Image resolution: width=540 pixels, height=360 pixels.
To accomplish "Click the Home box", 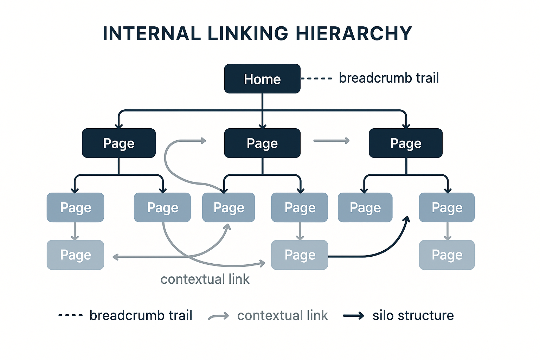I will click(262, 79).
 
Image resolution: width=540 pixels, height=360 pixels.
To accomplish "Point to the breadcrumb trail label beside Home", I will click(389, 78).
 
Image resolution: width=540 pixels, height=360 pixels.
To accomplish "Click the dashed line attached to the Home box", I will click(316, 78).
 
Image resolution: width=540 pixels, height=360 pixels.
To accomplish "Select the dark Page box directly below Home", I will click(262, 143).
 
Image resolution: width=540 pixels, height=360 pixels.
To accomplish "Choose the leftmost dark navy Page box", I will click(119, 143).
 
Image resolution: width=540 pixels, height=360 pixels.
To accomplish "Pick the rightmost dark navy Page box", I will click(406, 143).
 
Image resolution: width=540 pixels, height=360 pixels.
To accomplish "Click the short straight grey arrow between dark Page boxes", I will click(331, 141).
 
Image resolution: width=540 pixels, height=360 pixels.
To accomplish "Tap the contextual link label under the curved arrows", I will click(205, 279).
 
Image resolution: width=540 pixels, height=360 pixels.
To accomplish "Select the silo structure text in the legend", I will click(413, 315).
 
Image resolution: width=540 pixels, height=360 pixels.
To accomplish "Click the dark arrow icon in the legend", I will click(354, 316).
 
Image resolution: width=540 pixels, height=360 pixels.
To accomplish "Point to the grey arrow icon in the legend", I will click(219, 316).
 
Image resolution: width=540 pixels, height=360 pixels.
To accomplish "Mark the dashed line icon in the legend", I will click(71, 315).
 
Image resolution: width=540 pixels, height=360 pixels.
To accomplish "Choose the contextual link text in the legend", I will click(282, 315).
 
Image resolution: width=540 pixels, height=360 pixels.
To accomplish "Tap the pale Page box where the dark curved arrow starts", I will click(300, 255).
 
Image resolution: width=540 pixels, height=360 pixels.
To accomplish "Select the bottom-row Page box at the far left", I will click(75, 255).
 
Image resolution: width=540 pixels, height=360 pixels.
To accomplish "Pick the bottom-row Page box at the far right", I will click(447, 255).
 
